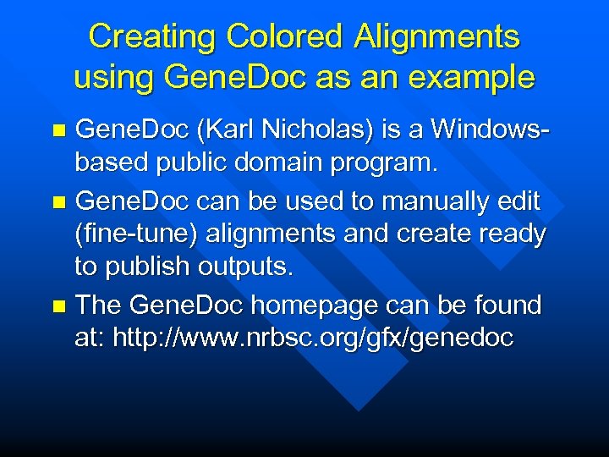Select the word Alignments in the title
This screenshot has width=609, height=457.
coord(436,36)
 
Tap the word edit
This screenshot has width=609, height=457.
coord(518,201)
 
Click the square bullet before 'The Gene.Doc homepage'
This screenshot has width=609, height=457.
coord(58,306)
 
